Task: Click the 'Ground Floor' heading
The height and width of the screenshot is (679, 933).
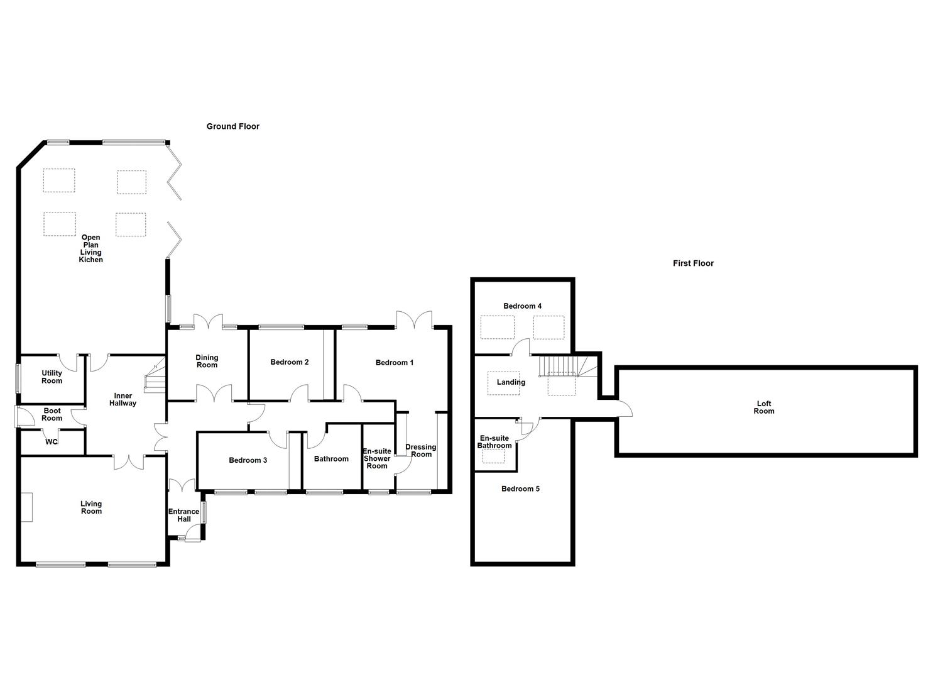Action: point(232,126)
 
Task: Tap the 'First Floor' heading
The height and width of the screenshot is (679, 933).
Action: point(693,263)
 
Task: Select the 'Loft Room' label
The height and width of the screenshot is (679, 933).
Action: point(764,407)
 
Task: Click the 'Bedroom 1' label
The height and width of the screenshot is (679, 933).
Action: point(395,363)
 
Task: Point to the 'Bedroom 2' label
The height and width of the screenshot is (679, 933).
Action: point(289,362)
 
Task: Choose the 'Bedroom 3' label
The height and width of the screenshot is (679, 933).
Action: point(248,460)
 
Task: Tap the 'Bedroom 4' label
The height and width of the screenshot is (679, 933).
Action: point(522,306)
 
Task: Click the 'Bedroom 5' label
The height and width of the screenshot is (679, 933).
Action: point(520,489)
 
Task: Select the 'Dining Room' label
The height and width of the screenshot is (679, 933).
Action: point(207,362)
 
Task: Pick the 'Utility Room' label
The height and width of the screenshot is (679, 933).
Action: point(52,377)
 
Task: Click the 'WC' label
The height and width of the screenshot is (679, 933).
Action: point(52,442)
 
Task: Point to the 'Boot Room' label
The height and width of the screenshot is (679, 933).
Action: point(52,414)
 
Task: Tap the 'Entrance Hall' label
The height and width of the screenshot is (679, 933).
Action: point(183,516)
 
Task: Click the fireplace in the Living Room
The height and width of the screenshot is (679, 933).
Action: point(26,507)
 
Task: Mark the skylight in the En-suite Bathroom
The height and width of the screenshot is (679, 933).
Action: point(493,457)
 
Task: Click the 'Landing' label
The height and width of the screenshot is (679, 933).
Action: point(511,382)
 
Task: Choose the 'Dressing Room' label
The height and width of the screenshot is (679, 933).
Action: point(420,451)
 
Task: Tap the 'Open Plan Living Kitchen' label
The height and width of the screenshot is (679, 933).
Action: point(90,249)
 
